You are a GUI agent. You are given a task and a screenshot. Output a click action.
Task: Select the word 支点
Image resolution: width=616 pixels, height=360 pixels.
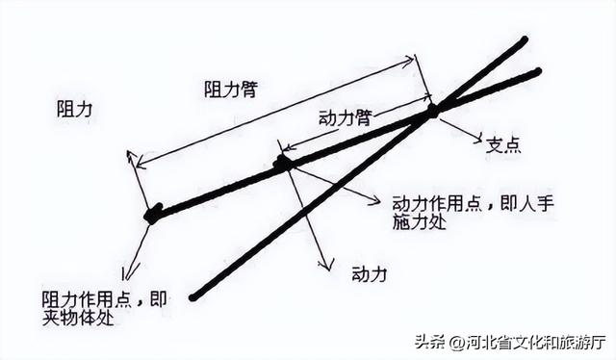pos(502,145)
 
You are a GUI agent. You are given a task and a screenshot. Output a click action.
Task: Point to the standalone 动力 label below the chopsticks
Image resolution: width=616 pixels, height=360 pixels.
pos(369,273)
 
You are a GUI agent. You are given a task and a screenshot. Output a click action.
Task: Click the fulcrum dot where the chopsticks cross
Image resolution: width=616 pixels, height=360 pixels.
pos(432,111)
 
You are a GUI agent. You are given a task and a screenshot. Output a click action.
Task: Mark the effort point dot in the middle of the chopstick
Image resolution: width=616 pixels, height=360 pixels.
pos(283,164)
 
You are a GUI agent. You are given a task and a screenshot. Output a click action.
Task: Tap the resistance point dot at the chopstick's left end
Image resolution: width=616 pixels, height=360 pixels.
pos(152,214)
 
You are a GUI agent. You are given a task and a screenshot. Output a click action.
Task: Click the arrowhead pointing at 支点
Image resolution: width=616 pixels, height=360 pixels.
pos(476,138)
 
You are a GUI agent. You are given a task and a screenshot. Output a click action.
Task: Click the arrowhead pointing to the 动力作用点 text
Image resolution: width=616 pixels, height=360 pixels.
pos(376,202)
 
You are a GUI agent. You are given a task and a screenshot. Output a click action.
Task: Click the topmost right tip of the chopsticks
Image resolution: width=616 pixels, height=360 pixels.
pos(525,40)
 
